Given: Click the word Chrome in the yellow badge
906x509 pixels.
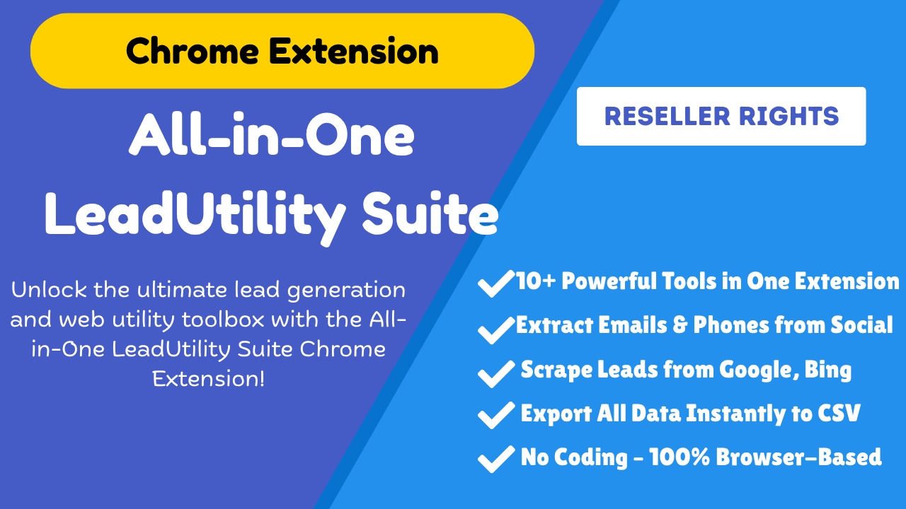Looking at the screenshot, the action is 193,51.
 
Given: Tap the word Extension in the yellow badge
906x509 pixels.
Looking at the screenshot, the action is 354,51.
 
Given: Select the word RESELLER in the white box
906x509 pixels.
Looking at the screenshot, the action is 667,117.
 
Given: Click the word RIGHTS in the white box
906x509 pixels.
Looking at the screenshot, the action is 789,117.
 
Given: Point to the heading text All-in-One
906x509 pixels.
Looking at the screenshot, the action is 272,134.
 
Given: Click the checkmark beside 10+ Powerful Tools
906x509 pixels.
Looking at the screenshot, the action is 496,283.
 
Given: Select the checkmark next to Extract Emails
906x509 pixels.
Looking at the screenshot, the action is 496,330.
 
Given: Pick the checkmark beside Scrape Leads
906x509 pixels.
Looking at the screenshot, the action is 496,374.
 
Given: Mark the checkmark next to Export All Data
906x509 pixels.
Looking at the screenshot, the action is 496,415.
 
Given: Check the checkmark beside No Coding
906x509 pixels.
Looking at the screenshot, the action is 496,459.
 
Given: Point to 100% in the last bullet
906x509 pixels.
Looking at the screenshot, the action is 679,457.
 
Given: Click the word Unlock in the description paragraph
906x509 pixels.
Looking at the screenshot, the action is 49,289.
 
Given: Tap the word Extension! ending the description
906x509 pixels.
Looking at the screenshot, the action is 209,378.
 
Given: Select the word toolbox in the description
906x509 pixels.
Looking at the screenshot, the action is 223,319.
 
